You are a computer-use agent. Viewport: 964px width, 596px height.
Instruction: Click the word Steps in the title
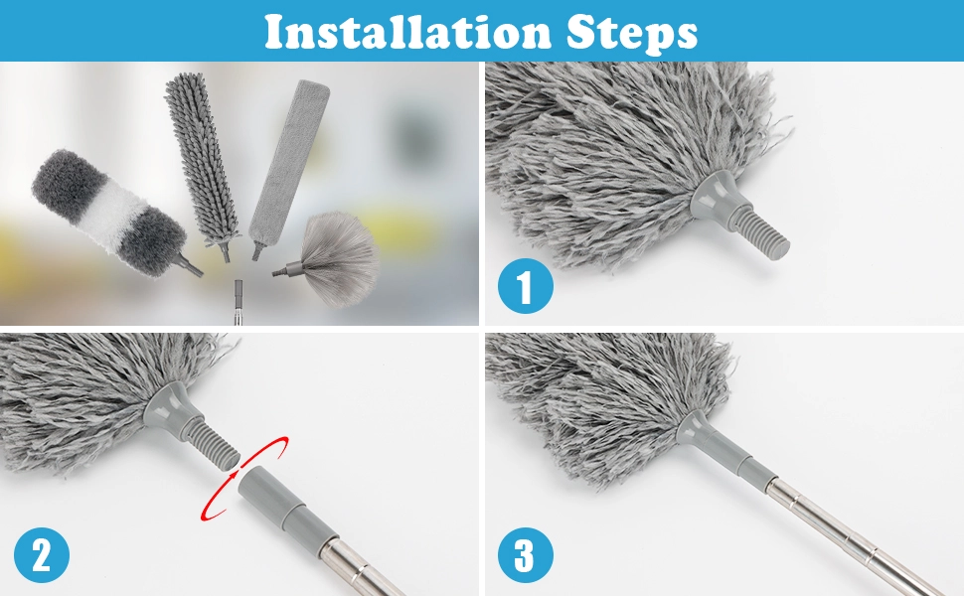[x=632, y=32]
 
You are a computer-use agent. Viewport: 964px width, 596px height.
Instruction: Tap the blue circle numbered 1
[x=525, y=289]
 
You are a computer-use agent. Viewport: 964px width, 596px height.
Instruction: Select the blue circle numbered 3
[x=525, y=555]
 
